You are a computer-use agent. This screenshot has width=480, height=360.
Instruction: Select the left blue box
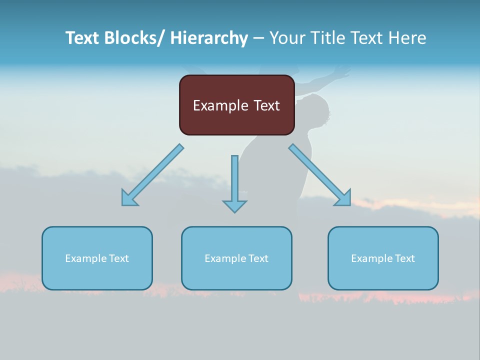tap(97, 258)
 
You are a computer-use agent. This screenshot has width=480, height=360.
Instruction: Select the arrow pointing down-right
tap(320, 175)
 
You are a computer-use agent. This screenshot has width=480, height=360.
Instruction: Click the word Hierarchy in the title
tap(209, 38)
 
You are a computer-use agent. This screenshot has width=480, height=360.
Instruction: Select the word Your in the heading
tap(287, 38)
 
